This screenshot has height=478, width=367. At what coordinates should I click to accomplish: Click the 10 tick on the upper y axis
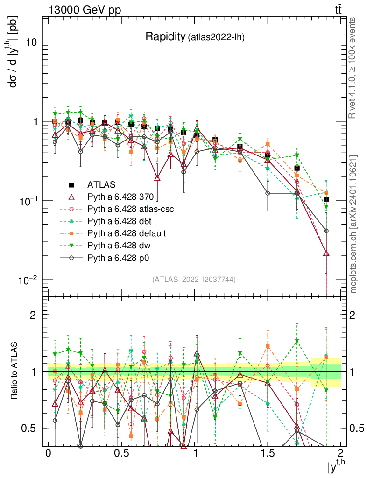click(x=31, y=42)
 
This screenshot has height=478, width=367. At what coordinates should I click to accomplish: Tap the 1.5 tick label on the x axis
click(x=268, y=453)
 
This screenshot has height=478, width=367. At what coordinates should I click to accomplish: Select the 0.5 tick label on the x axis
click(x=121, y=453)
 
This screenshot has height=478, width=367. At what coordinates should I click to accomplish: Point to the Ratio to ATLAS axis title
click(x=15, y=372)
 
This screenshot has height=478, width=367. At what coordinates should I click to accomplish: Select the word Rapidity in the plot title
click(x=165, y=36)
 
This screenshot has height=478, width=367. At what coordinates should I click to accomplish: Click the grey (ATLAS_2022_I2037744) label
click(x=193, y=280)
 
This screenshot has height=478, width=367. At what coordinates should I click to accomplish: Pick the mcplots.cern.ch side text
click(x=353, y=224)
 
